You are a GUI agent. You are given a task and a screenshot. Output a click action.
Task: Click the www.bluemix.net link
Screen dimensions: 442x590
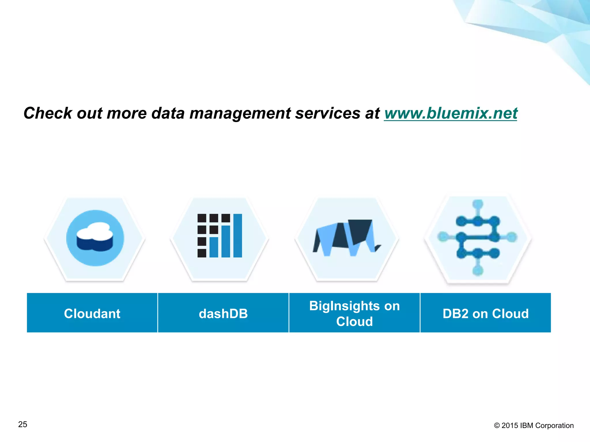coord(451,113)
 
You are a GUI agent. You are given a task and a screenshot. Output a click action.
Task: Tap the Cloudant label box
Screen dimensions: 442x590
coord(92,313)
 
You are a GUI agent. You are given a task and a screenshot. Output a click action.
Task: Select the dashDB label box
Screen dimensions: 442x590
coord(223,313)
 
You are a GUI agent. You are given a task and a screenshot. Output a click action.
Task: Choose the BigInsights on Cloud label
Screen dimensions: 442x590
coord(354,313)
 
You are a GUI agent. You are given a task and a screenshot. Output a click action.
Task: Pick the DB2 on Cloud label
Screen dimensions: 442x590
coord(486,313)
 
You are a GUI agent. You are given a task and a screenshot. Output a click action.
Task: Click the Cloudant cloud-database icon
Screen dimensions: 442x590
coord(95,238)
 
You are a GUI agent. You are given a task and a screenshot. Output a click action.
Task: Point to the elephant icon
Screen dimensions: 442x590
coord(347,238)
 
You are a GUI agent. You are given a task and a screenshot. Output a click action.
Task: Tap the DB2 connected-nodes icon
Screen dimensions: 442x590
coord(478,238)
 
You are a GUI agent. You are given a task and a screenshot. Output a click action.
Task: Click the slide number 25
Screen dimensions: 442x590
coord(23,424)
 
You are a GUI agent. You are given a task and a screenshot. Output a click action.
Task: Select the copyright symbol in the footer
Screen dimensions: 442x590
coord(497,426)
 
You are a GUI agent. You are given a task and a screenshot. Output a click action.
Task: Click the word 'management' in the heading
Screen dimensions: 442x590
coord(240,113)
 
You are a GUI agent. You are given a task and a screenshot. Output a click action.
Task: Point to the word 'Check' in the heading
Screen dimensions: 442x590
coord(48,113)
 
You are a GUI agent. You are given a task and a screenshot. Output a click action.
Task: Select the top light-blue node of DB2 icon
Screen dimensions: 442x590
coord(478,204)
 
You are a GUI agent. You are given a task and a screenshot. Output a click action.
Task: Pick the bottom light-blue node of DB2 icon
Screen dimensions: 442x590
coord(478,270)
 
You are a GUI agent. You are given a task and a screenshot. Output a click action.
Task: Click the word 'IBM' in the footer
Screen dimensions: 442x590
coord(527,426)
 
